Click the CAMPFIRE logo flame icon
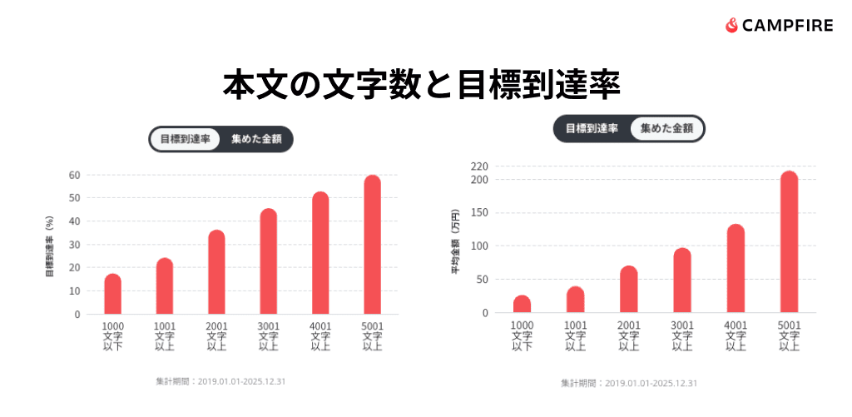(x=732, y=26)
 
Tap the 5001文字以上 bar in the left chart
(x=372, y=245)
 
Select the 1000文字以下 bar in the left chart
(x=113, y=294)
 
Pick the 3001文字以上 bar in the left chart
(x=268, y=261)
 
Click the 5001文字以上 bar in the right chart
(x=789, y=242)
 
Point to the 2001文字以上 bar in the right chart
(x=629, y=290)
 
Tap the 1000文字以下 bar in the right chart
(x=522, y=304)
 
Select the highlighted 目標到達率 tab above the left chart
(x=185, y=139)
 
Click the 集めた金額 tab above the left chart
(x=256, y=139)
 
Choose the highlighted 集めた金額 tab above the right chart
(x=666, y=128)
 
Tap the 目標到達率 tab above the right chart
(x=592, y=128)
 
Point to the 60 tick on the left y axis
(x=75, y=175)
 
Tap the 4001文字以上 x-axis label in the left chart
(x=320, y=335)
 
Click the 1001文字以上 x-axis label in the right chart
(x=576, y=335)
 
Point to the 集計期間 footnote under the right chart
(x=629, y=383)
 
